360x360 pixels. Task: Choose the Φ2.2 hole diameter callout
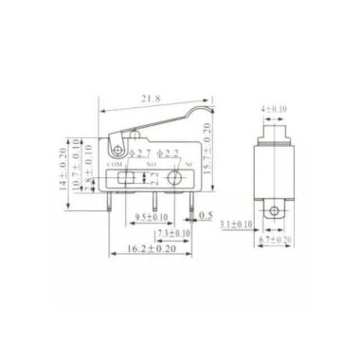click(168, 153)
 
